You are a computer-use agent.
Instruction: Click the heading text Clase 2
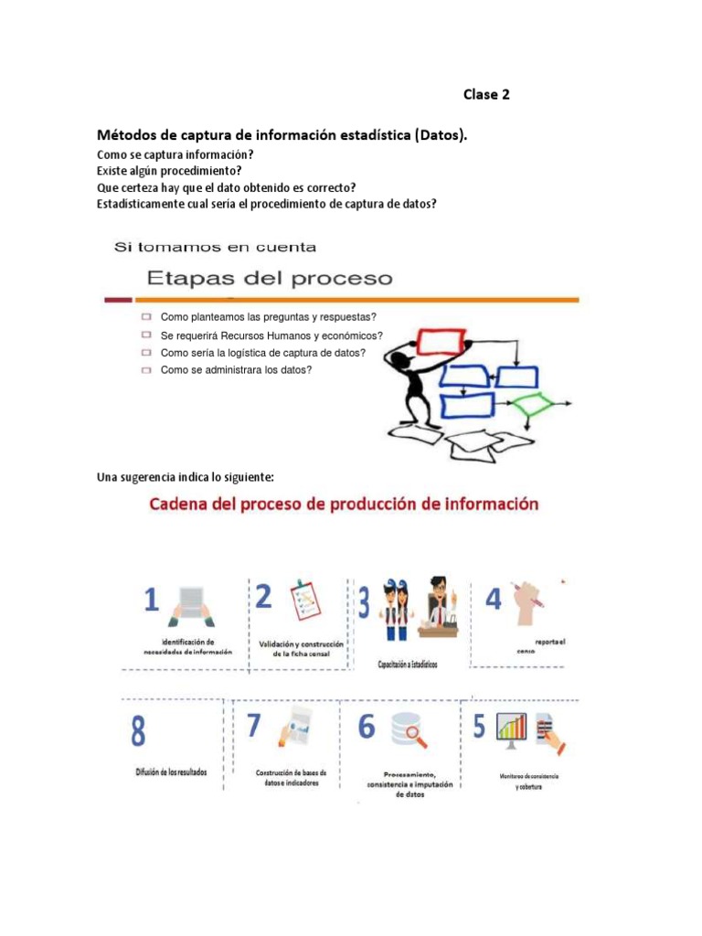486,94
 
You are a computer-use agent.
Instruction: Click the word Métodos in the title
130,135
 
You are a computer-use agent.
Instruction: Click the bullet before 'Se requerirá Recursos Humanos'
146,335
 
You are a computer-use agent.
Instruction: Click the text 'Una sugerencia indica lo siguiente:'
186,477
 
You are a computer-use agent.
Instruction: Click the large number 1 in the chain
152,601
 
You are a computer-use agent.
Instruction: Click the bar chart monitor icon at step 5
513,729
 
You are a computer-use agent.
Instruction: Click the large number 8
138,732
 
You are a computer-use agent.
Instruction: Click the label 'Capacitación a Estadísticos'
408,665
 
